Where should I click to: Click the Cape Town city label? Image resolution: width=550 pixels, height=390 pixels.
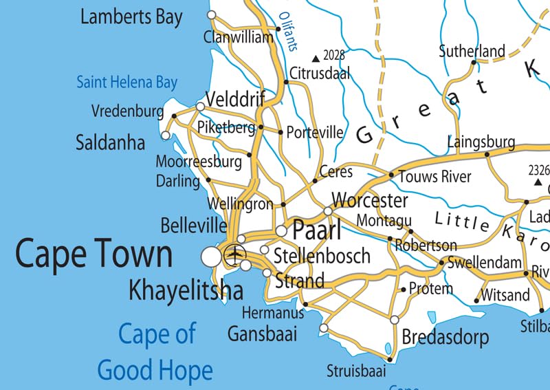click(93, 254)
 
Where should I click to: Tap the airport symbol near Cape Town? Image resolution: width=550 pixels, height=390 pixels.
click(236, 255)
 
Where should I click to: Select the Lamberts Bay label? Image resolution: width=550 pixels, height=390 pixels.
click(131, 17)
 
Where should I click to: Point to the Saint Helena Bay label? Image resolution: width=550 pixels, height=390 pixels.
click(126, 83)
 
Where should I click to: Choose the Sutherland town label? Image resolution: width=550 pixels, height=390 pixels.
click(472, 51)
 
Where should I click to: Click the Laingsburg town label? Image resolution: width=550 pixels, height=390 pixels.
click(481, 142)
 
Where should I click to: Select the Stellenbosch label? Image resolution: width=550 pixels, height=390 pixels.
click(322, 257)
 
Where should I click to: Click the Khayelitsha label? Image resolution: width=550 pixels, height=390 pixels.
click(186, 290)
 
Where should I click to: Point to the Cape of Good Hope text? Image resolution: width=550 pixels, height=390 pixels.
click(155, 352)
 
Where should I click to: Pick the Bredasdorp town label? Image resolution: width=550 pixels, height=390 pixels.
click(445, 338)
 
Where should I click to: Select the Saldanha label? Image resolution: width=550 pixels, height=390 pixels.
click(110, 142)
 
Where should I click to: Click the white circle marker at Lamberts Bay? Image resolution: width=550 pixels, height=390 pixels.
click(212, 14)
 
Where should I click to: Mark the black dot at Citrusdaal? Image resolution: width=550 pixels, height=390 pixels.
click(286, 82)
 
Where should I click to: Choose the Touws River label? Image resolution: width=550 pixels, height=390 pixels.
click(434, 177)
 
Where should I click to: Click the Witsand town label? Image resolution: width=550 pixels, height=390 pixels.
click(506, 296)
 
